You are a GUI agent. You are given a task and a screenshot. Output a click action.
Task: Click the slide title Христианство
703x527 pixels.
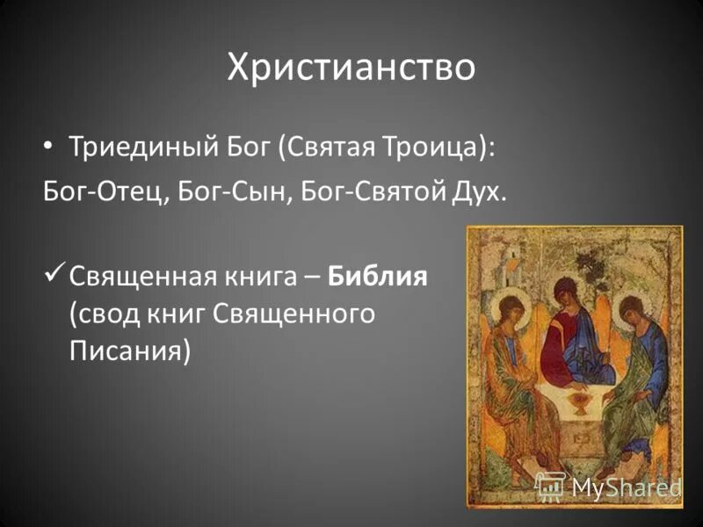pyautogui.click(x=351, y=68)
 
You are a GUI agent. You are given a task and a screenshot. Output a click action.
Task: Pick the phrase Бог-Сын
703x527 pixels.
pyautogui.click(x=236, y=191)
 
